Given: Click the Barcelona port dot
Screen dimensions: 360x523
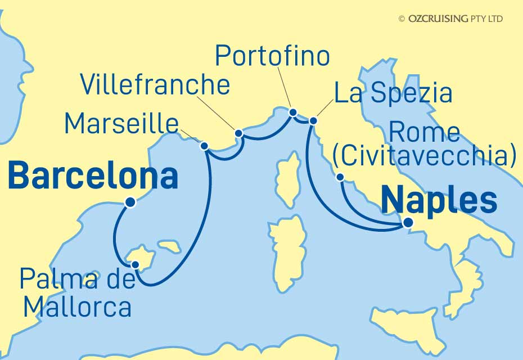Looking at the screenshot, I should click(x=130, y=203).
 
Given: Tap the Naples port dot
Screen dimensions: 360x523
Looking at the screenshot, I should click(x=408, y=223).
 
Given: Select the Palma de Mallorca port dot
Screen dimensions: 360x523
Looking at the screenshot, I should click(x=135, y=264).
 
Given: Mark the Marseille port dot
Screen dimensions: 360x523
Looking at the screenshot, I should click(x=205, y=146).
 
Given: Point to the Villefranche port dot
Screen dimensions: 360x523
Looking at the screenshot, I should click(x=238, y=133).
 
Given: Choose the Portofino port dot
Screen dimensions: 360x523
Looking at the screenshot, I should click(x=292, y=112).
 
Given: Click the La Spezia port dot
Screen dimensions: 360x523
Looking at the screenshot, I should click(x=313, y=120).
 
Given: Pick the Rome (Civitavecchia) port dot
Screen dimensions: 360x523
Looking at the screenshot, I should click(x=340, y=177).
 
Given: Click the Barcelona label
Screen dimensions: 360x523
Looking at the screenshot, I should click(x=93, y=176).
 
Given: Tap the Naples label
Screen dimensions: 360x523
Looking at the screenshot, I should click(x=439, y=200).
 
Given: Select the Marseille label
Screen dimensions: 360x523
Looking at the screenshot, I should click(x=121, y=123).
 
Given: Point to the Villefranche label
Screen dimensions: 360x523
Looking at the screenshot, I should click(x=155, y=84).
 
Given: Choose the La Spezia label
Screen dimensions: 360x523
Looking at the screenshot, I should click(x=393, y=93).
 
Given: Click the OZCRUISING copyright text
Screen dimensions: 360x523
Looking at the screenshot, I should click(x=450, y=19).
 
